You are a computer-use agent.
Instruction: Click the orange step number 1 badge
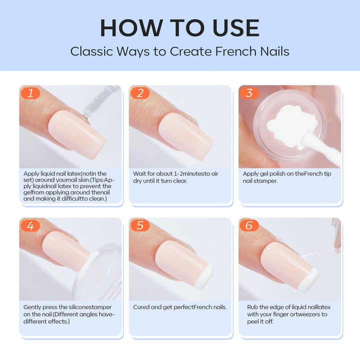pos(30,93)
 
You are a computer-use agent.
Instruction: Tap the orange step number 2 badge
pos(140,93)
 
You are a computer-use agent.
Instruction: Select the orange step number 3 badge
pos(249,93)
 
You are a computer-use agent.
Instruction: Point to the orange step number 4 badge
pos(30,225)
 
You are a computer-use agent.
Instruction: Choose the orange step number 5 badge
pos(140,225)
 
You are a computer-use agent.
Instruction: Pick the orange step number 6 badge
pos(249,225)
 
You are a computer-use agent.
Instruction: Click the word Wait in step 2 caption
pos(140,173)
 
